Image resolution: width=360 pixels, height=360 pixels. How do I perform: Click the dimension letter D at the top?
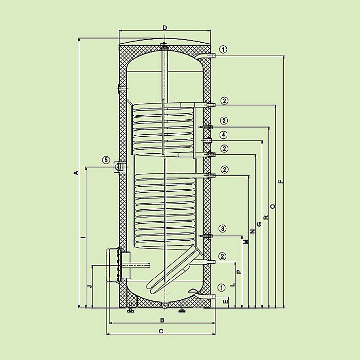pos(165,27)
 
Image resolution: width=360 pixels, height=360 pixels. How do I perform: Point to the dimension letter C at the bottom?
pos(161,331)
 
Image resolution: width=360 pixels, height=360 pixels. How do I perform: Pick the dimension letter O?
pos(273,206)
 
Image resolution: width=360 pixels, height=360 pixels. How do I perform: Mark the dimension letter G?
pos(259,224)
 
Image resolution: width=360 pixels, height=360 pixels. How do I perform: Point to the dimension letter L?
pos(232,284)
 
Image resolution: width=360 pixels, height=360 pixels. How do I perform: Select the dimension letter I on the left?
pos(82,238)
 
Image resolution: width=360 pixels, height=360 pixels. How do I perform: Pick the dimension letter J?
pos(88,285)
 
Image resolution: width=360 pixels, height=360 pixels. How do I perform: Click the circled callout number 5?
pos(106,160)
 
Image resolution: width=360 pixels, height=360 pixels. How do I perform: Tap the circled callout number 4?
pos(223,135)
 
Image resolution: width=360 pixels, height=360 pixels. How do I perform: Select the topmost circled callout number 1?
pos(223,49)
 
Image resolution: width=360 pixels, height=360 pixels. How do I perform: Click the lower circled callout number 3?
pos(223,228)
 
